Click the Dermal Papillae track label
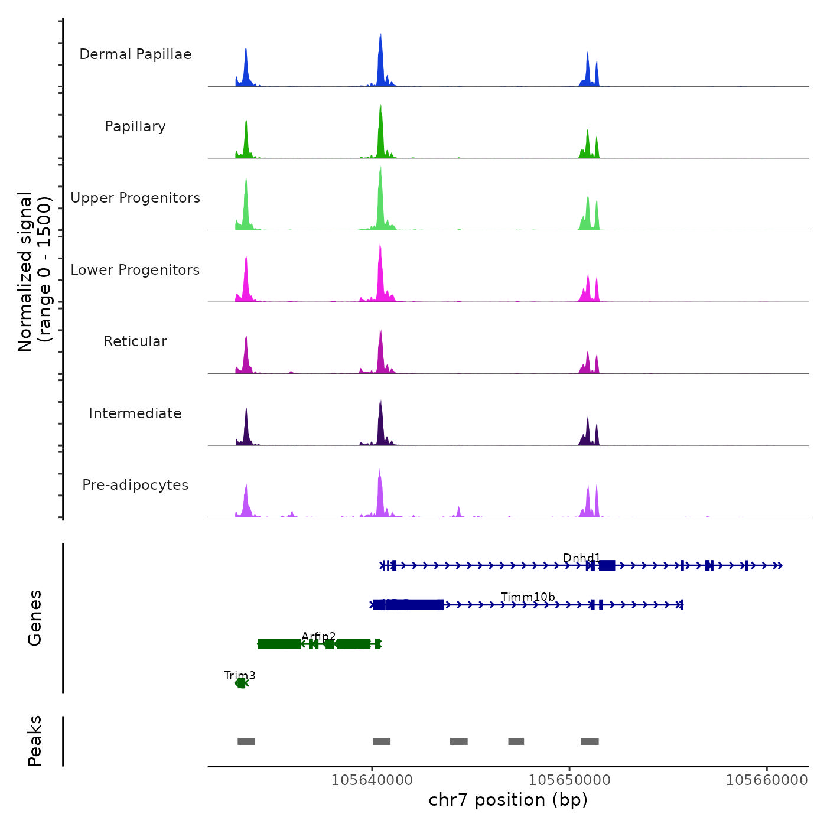pyautogui.click(x=135, y=54)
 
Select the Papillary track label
pyautogui.click(x=135, y=126)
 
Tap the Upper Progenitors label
pyautogui.click(x=135, y=198)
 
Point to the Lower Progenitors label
pyautogui.click(x=135, y=270)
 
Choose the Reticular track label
pyautogui.click(x=135, y=341)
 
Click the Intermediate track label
pyautogui.click(x=135, y=413)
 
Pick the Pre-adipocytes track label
pyautogui.click(x=135, y=485)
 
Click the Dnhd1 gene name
pyautogui.click(x=581, y=558)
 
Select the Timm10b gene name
pyautogui.click(x=528, y=597)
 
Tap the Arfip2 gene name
pyautogui.click(x=318, y=637)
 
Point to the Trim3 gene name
pyautogui.click(x=239, y=676)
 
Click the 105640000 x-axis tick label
pyautogui.click(x=372, y=780)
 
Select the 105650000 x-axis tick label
pyautogui.click(x=569, y=780)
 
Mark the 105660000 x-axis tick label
pyautogui.click(x=767, y=780)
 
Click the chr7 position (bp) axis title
pyautogui.click(x=508, y=800)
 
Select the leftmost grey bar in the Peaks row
pyautogui.click(x=246, y=741)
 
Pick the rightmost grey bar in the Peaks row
pyautogui.click(x=590, y=741)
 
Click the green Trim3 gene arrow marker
pyautogui.click(x=241, y=683)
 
